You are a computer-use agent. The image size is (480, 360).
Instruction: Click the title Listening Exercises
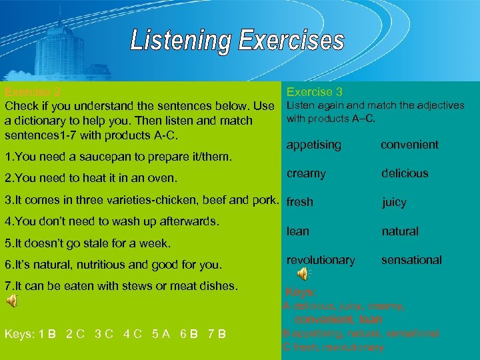(x=237, y=41)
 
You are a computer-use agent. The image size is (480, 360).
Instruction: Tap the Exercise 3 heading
(x=314, y=92)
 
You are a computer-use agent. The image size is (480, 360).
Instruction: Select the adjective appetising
(x=313, y=145)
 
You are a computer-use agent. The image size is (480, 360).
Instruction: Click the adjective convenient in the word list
(x=409, y=145)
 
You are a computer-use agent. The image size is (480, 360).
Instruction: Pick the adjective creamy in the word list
(x=306, y=173)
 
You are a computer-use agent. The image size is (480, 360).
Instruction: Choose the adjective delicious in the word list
(x=405, y=173)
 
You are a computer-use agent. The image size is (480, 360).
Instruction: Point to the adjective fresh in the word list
(x=299, y=202)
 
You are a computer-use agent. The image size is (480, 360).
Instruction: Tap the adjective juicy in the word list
(x=393, y=202)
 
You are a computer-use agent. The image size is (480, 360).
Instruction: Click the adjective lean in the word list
(x=297, y=231)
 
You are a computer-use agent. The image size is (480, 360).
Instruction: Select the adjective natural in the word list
(x=400, y=231)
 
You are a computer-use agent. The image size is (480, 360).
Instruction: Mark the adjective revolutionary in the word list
(x=321, y=259)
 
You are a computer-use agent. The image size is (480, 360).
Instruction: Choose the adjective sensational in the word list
(x=411, y=259)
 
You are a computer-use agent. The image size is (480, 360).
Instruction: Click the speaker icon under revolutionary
(x=303, y=273)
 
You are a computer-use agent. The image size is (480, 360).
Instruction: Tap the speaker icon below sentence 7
(x=13, y=301)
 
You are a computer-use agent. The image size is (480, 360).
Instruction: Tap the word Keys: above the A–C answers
(x=300, y=292)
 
